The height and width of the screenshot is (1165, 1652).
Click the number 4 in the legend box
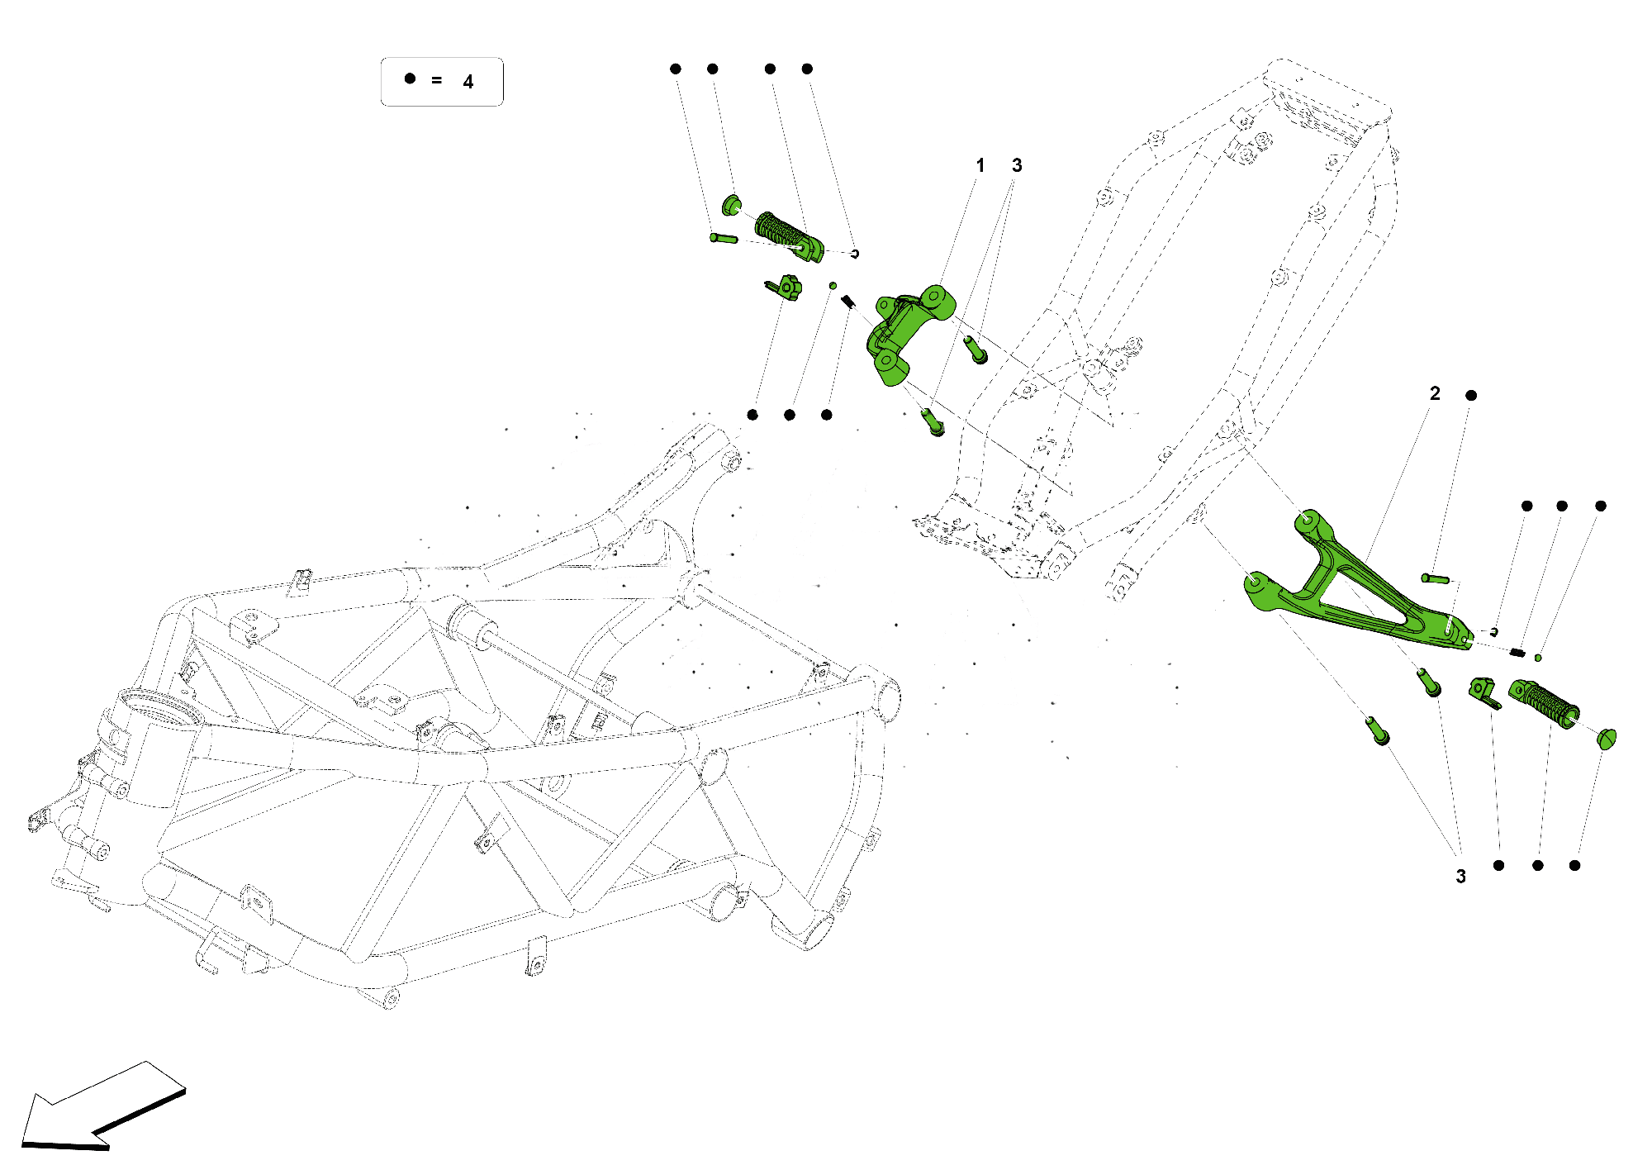pyautogui.click(x=468, y=82)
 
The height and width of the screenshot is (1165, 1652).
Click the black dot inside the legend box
pyautogui.click(x=410, y=78)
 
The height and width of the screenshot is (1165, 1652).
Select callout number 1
pyautogui.click(x=980, y=165)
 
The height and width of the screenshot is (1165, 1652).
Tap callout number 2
pyautogui.click(x=1435, y=393)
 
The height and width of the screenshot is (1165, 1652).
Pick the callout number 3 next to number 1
pyautogui.click(x=1017, y=165)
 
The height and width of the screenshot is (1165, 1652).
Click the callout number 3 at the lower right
pyautogui.click(x=1460, y=877)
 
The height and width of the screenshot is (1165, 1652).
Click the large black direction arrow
pyautogui.click(x=99, y=1107)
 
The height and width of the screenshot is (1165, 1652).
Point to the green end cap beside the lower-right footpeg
pyautogui.click(x=1607, y=738)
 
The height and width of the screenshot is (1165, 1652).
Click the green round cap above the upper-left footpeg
pyautogui.click(x=732, y=204)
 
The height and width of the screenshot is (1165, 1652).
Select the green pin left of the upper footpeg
pyautogui.click(x=724, y=239)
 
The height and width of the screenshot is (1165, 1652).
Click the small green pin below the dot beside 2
pyautogui.click(x=1436, y=578)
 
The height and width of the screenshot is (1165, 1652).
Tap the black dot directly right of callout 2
pyautogui.click(x=1471, y=395)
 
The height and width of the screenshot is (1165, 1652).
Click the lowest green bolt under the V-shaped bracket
pyautogui.click(x=1378, y=731)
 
